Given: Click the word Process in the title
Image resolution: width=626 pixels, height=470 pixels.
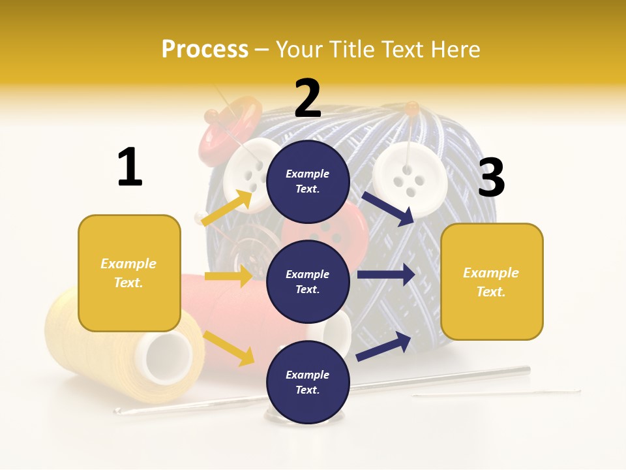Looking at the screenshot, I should pos(205,49).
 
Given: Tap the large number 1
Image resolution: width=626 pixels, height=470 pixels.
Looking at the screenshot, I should pos(130,167).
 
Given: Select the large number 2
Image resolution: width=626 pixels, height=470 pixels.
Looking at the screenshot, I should pos(308,99).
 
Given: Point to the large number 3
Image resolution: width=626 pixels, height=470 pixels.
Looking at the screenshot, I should pos(491,178).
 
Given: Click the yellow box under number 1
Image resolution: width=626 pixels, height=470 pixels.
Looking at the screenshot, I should pos(129,273).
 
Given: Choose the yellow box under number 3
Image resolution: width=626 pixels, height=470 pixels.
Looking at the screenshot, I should pos(492,281).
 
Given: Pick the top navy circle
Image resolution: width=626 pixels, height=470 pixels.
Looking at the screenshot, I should pos(308,181).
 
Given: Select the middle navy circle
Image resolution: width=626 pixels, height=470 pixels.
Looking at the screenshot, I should pos(308,281).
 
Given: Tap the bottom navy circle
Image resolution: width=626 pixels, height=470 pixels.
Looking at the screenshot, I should pos(308,382).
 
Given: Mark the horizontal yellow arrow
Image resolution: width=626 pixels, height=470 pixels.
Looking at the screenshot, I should pos(228,276).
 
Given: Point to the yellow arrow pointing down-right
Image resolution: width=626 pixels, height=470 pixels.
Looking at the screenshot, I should pos(229,348).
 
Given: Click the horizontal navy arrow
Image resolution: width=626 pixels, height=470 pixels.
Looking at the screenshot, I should pos(385,275).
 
